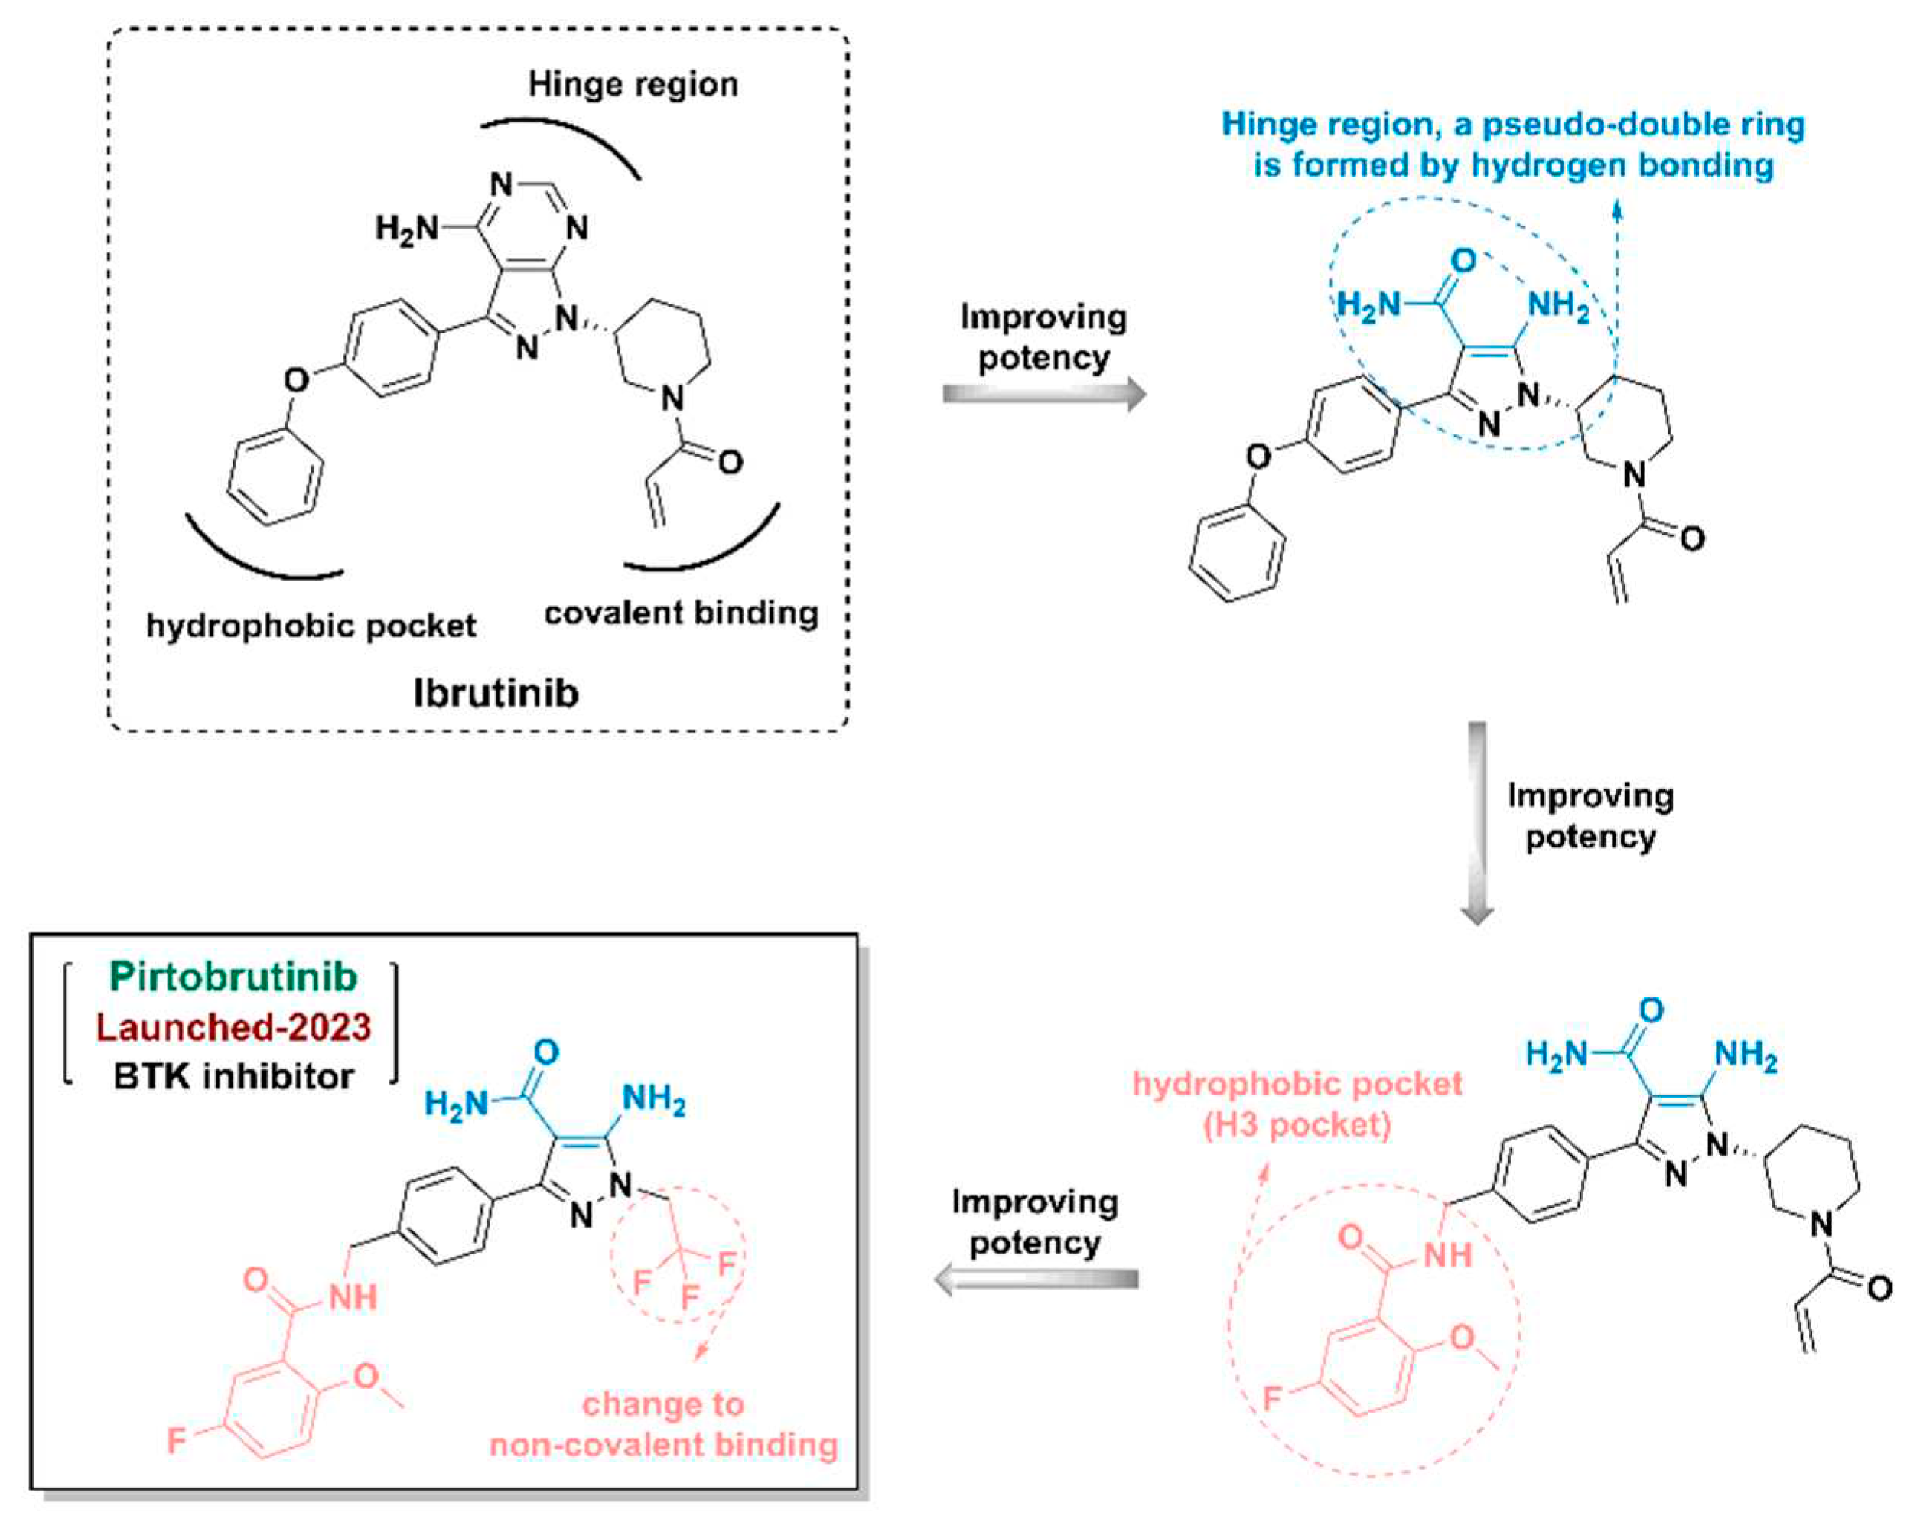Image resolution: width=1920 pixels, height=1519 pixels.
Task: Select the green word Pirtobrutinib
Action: pos(233,977)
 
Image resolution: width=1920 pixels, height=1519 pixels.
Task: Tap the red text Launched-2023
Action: pos(233,1027)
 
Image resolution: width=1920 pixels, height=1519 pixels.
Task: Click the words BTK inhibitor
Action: pos(233,1077)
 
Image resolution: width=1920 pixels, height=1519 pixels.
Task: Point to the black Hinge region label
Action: pos(633,84)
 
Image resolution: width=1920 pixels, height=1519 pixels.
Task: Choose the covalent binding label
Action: pos(682,613)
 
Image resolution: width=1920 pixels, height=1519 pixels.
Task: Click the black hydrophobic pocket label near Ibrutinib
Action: pos(311,626)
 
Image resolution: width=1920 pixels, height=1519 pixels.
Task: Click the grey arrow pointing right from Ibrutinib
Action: pos(1044,394)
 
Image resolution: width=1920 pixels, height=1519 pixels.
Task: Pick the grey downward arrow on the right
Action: pos(1476,823)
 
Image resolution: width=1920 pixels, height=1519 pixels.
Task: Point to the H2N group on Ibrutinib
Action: pos(406,229)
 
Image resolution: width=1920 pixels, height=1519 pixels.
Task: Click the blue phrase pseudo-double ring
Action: pos(1631,125)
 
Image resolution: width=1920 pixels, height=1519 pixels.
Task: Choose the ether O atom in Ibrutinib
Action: pos(296,381)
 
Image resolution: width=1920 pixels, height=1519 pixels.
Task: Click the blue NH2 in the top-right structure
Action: pos(1558,306)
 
